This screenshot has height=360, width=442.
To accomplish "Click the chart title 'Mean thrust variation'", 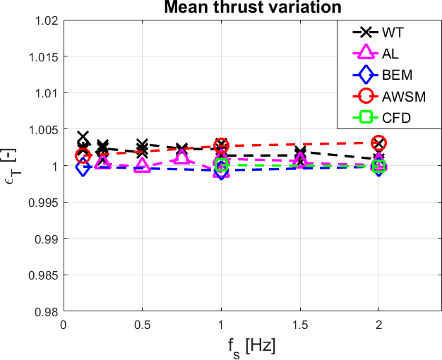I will coord(252,8).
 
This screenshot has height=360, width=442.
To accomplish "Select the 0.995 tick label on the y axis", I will coord(44,202).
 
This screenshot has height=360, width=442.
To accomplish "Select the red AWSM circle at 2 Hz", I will coord(379,143).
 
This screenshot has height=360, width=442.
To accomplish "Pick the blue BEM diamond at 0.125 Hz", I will coord(83,168).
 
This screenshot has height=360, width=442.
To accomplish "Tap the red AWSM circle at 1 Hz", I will coord(222,145).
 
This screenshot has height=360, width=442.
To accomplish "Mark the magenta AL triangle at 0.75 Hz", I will coord(182,157).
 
